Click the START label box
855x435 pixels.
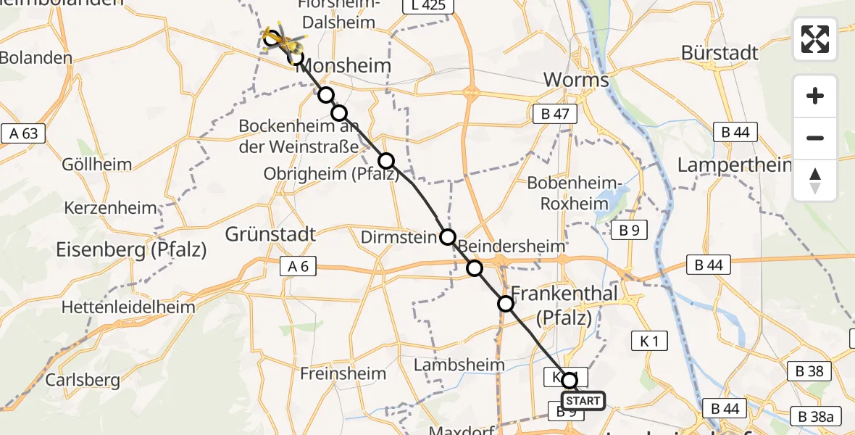point(583,401)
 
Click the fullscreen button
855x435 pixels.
point(815,39)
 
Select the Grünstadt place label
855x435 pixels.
point(270,234)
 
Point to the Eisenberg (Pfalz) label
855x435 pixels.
point(131,250)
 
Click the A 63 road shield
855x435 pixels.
point(24,133)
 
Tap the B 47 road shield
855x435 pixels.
point(554,113)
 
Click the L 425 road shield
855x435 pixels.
point(428,7)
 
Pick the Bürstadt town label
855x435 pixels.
point(720,53)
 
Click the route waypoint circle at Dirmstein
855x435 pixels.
point(448,237)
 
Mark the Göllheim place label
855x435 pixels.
point(98,165)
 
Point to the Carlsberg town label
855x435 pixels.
point(83,379)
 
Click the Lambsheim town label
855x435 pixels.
point(459,365)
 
